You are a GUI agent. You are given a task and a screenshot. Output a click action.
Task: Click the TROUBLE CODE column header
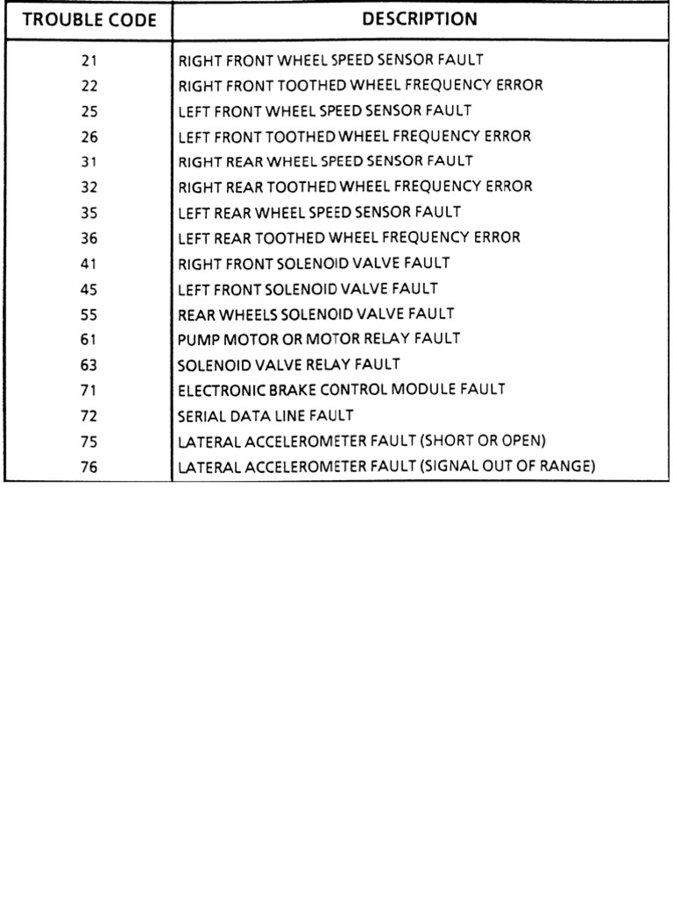pos(89,19)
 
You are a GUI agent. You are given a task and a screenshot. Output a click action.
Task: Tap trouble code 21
pos(89,60)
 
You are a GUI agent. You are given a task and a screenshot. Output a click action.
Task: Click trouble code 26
pos(89,137)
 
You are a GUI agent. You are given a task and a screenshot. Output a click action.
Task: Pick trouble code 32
pos(89,187)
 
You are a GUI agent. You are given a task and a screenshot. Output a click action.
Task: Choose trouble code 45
pos(89,287)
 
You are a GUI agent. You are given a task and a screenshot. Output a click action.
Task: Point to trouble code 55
pos(89,313)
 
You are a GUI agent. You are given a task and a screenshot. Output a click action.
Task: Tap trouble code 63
pos(89,364)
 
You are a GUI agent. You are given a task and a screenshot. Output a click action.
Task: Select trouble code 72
pos(89,415)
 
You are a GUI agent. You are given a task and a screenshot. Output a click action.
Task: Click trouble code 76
pos(89,467)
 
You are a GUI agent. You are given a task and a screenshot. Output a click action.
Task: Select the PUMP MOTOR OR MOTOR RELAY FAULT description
pos(319,338)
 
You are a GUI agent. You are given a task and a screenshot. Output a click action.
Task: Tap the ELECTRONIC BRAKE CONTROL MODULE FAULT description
pos(342,389)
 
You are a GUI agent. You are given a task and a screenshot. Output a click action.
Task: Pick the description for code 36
pos(349,237)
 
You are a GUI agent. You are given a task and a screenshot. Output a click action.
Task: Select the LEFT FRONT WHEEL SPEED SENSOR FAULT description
pos(325,111)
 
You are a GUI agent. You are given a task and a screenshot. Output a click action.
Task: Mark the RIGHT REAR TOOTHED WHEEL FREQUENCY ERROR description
pos(355,187)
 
